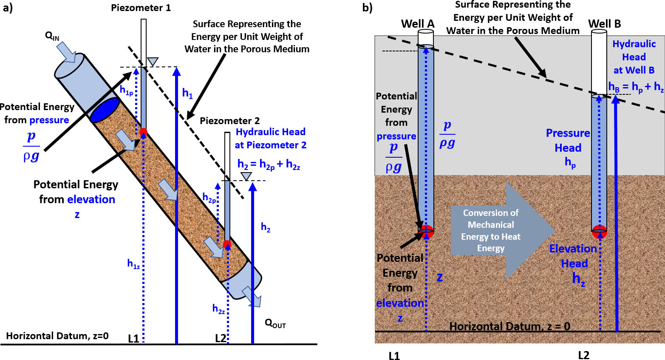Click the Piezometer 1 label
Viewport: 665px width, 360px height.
[x=141, y=8]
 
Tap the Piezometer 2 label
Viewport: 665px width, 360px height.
[x=229, y=121]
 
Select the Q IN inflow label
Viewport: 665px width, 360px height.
[x=52, y=36]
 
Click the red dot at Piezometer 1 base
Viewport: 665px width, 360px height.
[x=143, y=131]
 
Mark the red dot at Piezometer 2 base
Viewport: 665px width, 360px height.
[x=227, y=244]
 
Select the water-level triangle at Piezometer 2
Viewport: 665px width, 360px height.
[x=245, y=176]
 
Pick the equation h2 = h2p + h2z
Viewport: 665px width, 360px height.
[x=269, y=165]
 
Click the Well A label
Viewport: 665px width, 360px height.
[x=418, y=24]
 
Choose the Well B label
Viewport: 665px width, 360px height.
[x=604, y=24]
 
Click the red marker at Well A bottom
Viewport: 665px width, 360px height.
[x=426, y=231]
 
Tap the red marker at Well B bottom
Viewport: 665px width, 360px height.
[x=599, y=232]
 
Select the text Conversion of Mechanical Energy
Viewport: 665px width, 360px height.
[x=491, y=230]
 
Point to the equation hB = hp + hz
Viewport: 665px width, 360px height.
[x=636, y=87]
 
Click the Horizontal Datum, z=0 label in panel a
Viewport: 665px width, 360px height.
[x=57, y=336]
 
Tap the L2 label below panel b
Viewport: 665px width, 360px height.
[x=583, y=355]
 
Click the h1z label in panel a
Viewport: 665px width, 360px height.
[x=133, y=264]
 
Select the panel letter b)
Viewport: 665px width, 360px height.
[x=367, y=8]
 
